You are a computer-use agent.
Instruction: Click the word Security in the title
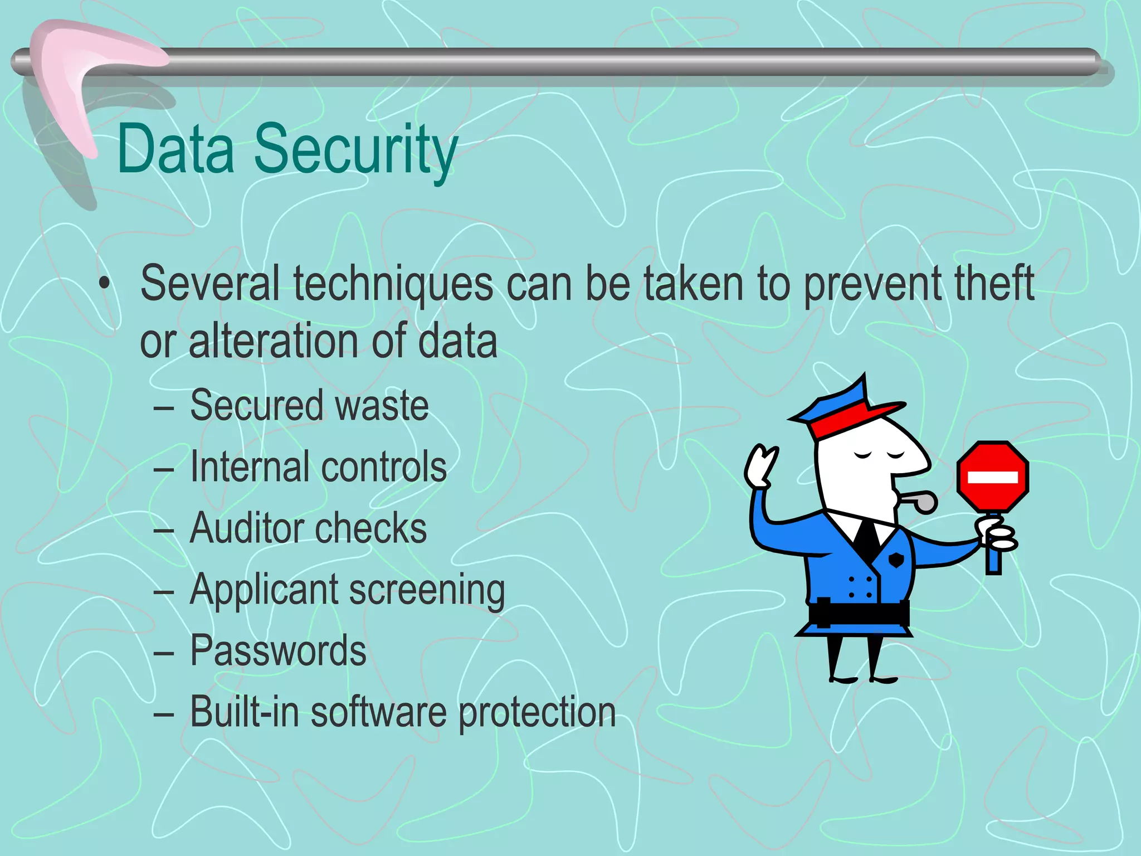pyautogui.click(x=355, y=150)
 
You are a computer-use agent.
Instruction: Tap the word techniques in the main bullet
pyautogui.click(x=393, y=284)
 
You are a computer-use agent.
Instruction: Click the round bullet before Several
pyautogui.click(x=104, y=284)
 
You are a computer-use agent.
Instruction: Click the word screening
pyautogui.click(x=427, y=591)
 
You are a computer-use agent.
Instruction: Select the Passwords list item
pyautogui.click(x=278, y=650)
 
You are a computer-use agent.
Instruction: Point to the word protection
pyautogui.click(x=537, y=713)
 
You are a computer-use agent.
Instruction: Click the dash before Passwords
pyautogui.click(x=164, y=651)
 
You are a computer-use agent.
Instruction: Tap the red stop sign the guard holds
pyautogui.click(x=992, y=476)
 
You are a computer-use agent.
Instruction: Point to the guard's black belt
pyautogui.click(x=859, y=612)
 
